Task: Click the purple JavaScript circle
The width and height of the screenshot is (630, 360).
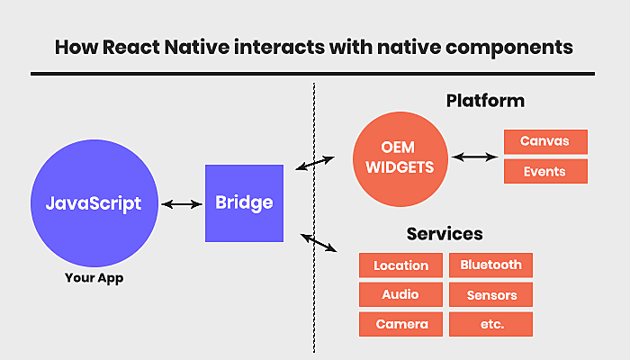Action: [x=94, y=202]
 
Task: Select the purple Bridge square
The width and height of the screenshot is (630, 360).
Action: [x=244, y=203]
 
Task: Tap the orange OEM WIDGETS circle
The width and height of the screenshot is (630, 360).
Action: [x=400, y=159]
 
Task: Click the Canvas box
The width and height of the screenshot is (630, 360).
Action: [x=545, y=142]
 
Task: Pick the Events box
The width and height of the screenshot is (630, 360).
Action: [x=545, y=171]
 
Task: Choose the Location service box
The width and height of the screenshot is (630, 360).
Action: [x=401, y=265]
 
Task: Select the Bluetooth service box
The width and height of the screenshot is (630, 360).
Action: [x=491, y=265]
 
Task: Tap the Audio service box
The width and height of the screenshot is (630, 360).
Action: [x=401, y=294]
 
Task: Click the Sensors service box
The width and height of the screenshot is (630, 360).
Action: [x=491, y=294]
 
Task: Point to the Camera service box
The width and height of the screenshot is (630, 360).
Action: [x=401, y=324]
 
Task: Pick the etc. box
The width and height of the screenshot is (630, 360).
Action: [x=491, y=324]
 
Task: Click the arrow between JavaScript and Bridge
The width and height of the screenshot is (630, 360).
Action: [x=182, y=204]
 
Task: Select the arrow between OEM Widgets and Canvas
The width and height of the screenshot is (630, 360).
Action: [x=475, y=157]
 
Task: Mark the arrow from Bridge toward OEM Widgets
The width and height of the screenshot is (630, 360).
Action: [x=315, y=163]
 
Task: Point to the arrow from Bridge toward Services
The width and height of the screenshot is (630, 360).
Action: [x=319, y=243]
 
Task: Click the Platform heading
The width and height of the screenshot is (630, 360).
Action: [x=485, y=101]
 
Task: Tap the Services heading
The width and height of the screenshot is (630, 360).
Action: [x=445, y=234]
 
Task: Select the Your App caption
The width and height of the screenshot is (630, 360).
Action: [x=94, y=278]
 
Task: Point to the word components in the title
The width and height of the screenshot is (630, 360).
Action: [x=509, y=48]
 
